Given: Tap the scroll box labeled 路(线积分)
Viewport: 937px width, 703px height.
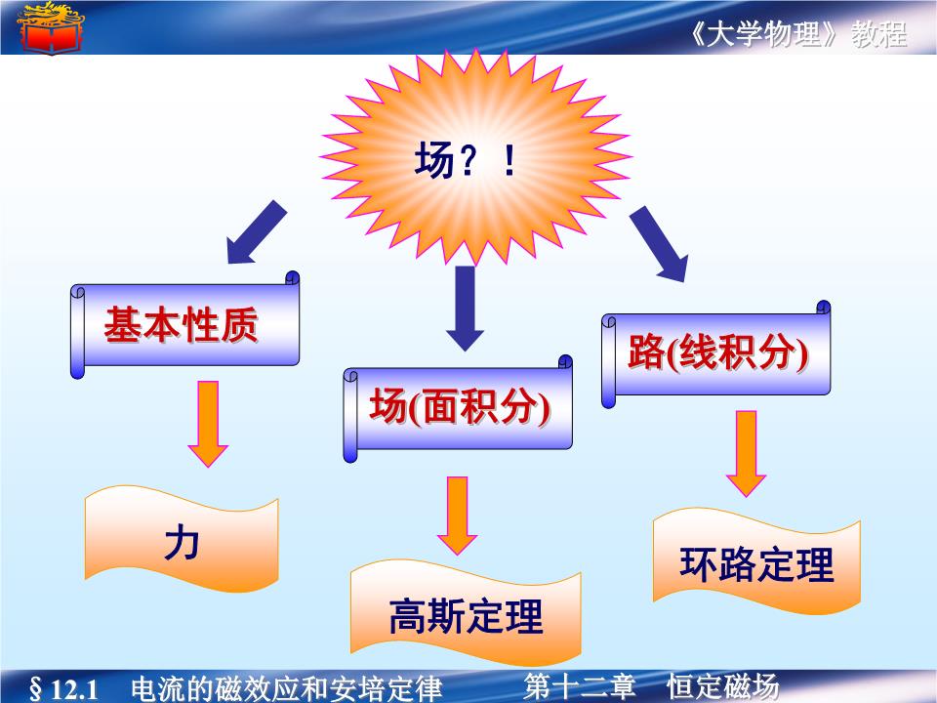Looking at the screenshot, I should (x=717, y=353).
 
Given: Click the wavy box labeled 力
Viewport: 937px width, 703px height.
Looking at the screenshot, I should (x=182, y=543).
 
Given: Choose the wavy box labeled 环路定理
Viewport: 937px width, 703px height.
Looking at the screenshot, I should (x=756, y=564).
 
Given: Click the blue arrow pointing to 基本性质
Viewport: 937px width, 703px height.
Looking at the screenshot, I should (x=256, y=232).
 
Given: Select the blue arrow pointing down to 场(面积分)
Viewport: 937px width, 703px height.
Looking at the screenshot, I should (x=466, y=305).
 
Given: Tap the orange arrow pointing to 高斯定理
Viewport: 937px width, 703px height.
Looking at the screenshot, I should (x=457, y=515).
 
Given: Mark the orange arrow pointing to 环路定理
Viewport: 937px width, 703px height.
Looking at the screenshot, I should (x=747, y=452).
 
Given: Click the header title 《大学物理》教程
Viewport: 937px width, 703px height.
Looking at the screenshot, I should (x=797, y=35).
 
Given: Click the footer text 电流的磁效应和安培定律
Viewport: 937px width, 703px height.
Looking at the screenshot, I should (x=286, y=688).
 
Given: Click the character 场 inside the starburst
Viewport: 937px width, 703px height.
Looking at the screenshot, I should (x=433, y=161).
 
